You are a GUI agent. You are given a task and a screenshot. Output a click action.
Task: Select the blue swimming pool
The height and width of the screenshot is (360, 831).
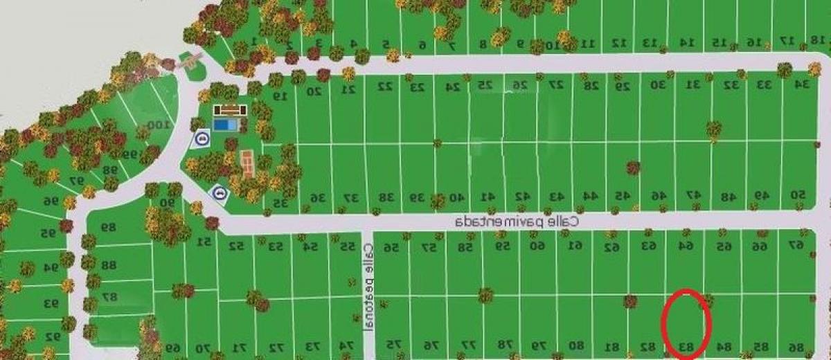pyautogui.click(x=224, y=125)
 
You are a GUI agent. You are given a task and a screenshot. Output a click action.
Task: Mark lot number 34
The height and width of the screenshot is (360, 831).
pyautogui.click(x=802, y=84)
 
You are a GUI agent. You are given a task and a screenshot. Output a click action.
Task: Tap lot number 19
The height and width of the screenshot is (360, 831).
pyautogui.click(x=279, y=96)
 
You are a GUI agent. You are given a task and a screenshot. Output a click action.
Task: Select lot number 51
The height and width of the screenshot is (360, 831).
pyautogui.click(x=204, y=242)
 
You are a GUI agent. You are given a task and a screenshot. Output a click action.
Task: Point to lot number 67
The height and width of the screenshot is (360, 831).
pyautogui.click(x=796, y=245)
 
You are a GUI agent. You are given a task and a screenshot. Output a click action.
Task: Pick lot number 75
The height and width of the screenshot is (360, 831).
pyautogui.click(x=393, y=345)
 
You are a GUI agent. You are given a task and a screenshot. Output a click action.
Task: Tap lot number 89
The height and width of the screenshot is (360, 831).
pyautogui.click(x=107, y=227)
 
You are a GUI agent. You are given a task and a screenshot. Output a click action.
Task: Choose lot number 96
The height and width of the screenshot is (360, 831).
pyautogui.click(x=51, y=201)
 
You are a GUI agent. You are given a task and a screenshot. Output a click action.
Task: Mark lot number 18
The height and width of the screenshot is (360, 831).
pyautogui.click(x=818, y=40)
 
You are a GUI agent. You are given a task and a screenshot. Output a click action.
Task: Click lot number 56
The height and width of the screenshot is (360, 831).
pyautogui.click(x=392, y=247)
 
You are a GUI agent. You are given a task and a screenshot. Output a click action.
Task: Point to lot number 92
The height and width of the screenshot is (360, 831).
pyautogui.click(x=53, y=336)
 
